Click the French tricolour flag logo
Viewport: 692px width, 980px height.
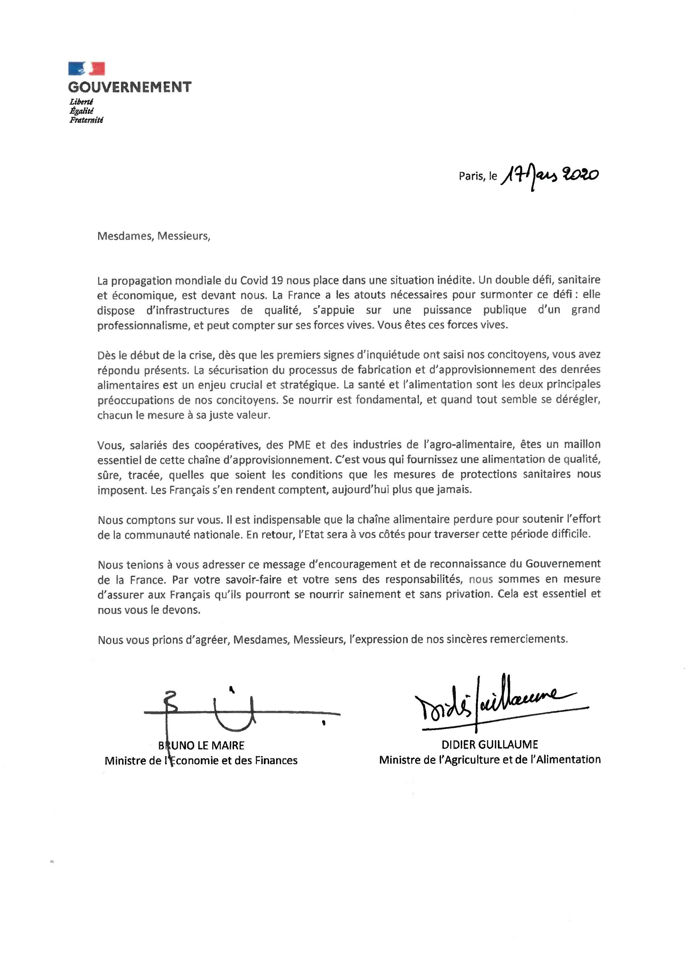pos(86,69)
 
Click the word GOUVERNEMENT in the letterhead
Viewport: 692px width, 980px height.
pos(130,87)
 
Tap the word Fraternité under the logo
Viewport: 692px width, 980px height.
pos(86,120)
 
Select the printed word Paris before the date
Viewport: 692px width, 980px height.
pos(471,176)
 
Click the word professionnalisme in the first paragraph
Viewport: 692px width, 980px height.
pos(143,326)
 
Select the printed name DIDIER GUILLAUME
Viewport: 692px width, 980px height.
pos(490,745)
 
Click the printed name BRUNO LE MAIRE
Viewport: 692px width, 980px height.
pos(201,746)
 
